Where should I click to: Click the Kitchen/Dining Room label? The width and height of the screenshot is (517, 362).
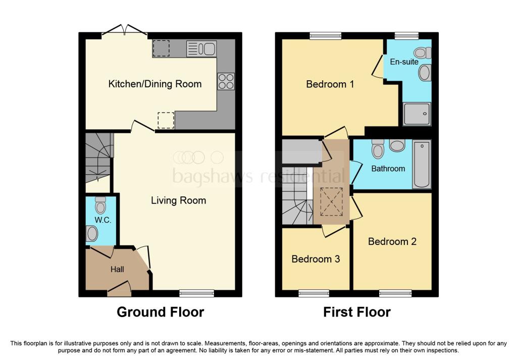click(x=155, y=84)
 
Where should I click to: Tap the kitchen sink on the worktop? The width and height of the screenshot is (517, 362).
click(x=201, y=49)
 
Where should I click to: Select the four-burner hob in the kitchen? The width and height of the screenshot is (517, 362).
click(x=226, y=82)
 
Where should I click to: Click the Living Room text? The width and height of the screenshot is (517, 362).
click(x=178, y=200)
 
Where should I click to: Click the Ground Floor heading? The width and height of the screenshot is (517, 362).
click(x=160, y=312)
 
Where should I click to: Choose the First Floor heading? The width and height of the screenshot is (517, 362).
click(x=357, y=312)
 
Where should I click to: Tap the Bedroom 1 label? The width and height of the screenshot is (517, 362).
click(x=330, y=84)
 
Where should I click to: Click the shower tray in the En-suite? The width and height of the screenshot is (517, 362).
click(x=417, y=114)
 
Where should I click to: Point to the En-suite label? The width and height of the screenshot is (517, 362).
click(x=404, y=62)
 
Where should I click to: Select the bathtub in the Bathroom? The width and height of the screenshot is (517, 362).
click(x=422, y=165)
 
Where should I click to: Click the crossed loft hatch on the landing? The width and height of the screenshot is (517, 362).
click(x=331, y=201)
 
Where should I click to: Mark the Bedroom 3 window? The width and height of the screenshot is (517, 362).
click(x=314, y=293)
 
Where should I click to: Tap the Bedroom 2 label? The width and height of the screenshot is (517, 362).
click(x=392, y=241)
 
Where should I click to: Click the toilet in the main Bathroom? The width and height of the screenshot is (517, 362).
click(x=377, y=149)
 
